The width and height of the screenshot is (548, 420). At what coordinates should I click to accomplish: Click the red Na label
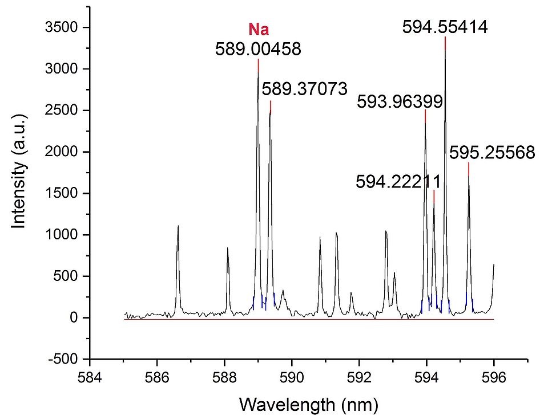pyautogui.click(x=258, y=29)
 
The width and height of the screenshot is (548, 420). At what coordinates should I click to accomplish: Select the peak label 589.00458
pyautogui.click(x=258, y=50)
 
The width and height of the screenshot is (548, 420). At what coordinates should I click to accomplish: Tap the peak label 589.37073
pyautogui.click(x=304, y=89)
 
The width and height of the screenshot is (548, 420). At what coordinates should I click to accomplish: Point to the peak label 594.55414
pyautogui.click(x=445, y=27)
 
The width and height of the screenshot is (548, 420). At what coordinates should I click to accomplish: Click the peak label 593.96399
pyautogui.click(x=400, y=102)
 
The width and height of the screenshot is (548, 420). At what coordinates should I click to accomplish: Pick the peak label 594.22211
pyautogui.click(x=398, y=182)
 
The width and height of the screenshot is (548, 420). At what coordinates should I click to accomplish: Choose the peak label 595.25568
pyautogui.click(x=492, y=153)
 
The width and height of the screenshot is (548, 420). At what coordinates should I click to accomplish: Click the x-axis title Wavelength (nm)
pyautogui.click(x=308, y=405)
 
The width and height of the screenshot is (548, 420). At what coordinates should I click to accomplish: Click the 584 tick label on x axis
pyautogui.click(x=90, y=377)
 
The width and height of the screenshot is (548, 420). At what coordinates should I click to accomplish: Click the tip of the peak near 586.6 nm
pyautogui.click(x=178, y=226)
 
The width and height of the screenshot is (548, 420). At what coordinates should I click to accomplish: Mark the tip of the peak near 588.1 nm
pyautogui.click(x=228, y=248)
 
